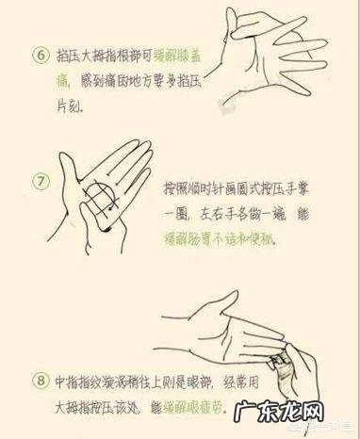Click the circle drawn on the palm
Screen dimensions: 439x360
pos(98,200)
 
